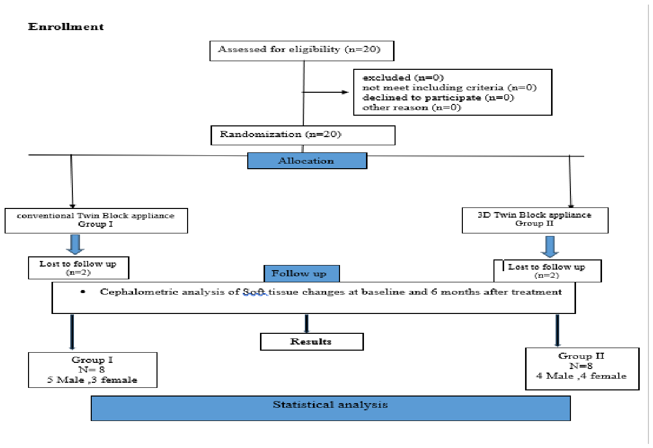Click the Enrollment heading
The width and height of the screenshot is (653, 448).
[66, 27]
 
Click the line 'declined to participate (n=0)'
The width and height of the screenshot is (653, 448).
[438, 97]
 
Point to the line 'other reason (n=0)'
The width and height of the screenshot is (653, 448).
[411, 108]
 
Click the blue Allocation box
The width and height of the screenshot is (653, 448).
[307, 161]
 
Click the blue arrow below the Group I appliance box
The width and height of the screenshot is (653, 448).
[75, 244]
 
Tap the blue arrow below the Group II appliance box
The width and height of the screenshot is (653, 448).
[550, 247]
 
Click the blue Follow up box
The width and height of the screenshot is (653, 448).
[302, 273]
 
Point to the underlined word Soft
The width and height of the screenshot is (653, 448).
[255, 292]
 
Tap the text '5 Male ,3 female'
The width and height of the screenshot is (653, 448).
[92, 380]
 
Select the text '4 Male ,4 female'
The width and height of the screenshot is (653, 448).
[581, 376]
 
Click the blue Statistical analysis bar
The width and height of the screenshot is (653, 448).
[331, 408]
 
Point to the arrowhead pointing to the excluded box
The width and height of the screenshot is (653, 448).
[345, 92]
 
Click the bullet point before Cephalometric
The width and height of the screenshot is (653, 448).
[83, 292]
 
